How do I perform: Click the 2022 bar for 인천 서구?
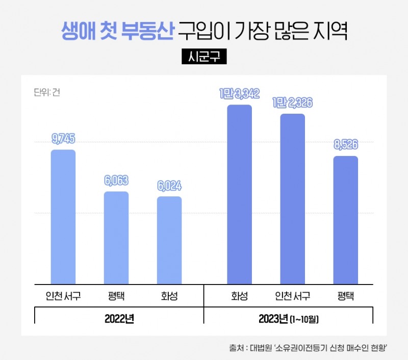click(x=63, y=217)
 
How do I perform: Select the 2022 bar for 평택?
click(x=116, y=238)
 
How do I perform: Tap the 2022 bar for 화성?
click(x=169, y=240)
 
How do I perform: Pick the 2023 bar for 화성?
click(x=240, y=194)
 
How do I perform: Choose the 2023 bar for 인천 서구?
click(x=293, y=199)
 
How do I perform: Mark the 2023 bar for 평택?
click(x=346, y=220)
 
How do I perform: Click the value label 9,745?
click(x=63, y=139)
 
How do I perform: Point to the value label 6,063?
click(x=116, y=181)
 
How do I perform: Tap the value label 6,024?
click(x=169, y=186)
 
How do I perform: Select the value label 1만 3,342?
click(x=240, y=93)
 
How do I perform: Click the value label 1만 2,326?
click(x=293, y=103)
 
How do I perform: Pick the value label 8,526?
click(x=346, y=145)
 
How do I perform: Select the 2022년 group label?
click(x=119, y=319)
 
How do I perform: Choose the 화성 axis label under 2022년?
click(x=169, y=296)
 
